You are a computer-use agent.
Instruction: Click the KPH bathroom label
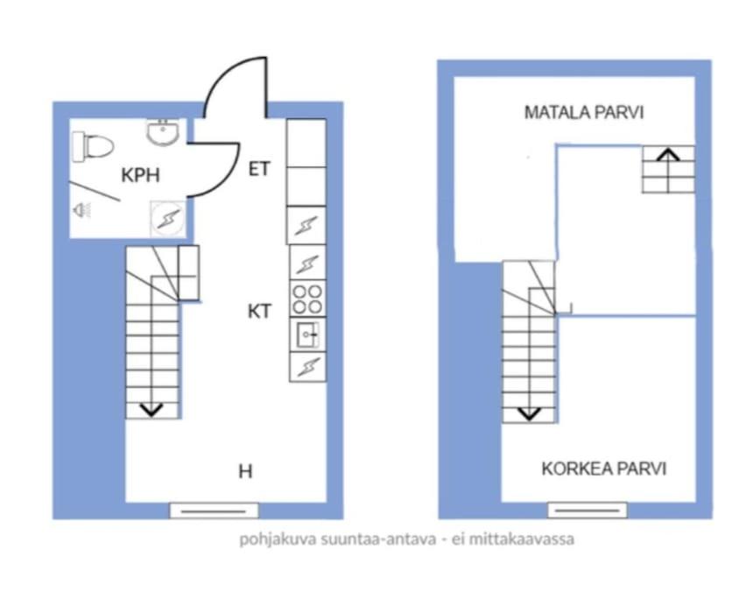(x=140, y=175)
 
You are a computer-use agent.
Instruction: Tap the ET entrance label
(x=259, y=169)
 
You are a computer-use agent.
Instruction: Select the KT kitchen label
(x=259, y=312)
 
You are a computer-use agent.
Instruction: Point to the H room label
(x=245, y=471)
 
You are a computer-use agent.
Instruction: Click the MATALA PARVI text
(x=584, y=112)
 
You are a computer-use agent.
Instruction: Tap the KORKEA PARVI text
(x=604, y=468)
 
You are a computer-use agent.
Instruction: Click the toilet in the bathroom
(x=93, y=146)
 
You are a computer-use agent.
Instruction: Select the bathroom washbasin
(x=163, y=132)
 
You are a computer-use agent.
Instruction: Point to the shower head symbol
(x=81, y=210)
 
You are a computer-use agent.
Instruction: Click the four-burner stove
(x=307, y=299)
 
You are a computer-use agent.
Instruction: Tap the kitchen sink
(x=308, y=334)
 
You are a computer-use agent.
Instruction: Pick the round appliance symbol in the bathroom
(x=167, y=219)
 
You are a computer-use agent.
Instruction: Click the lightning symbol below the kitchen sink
(x=308, y=367)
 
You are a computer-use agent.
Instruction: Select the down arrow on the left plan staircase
(x=151, y=410)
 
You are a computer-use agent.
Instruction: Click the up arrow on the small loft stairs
(x=668, y=154)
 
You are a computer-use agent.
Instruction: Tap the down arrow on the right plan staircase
(x=529, y=413)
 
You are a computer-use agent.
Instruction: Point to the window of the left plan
(x=215, y=511)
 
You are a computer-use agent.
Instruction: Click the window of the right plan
(x=588, y=510)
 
